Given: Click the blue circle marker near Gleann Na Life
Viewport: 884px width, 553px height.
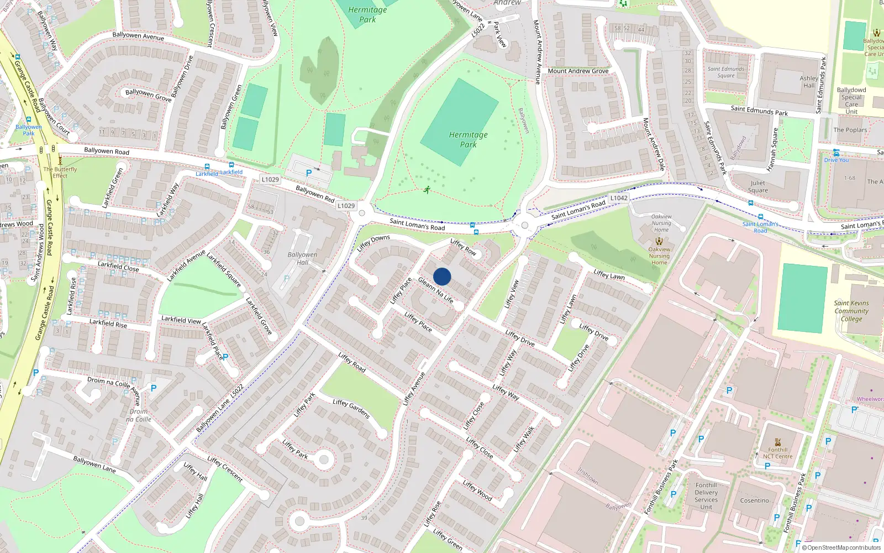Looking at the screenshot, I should [442, 276].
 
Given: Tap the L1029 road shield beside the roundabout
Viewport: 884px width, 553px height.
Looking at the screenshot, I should [346, 206].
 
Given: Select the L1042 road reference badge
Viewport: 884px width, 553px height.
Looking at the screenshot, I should [619, 198].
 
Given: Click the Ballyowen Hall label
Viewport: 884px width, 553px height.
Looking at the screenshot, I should [302, 258].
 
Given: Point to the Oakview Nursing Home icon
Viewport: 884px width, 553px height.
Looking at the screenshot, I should [659, 241].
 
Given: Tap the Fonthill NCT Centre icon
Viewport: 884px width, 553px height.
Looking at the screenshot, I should [777, 442].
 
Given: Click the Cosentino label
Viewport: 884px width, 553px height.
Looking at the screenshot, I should [754, 500].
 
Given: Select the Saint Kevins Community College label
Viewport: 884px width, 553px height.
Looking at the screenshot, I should [851, 311].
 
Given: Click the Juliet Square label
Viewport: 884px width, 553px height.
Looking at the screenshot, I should [757, 186].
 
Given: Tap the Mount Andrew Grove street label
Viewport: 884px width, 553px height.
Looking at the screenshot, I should [578, 71].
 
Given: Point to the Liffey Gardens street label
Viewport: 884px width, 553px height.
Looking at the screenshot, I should [351, 409].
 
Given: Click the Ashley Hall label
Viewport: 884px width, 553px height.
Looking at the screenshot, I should [809, 82].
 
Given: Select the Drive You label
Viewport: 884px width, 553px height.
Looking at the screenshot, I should [836, 160].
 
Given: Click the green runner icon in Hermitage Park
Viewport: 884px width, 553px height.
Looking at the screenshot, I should [427, 190].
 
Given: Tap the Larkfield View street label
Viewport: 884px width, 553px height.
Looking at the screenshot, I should [181, 320].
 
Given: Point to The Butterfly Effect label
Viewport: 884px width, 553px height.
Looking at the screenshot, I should [60, 173].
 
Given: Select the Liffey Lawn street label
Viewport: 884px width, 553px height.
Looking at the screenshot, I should [609, 274].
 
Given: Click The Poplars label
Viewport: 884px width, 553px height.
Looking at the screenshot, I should [850, 130].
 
